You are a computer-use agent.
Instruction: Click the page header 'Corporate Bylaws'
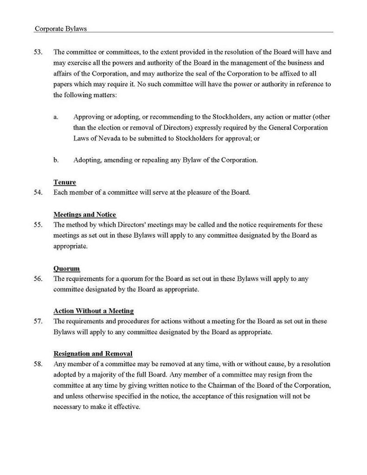[60, 28]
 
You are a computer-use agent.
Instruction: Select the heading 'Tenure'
[64, 182]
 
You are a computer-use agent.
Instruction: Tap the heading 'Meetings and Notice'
[84, 215]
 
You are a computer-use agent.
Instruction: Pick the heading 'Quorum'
[66, 269]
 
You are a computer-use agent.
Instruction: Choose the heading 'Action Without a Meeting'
[93, 311]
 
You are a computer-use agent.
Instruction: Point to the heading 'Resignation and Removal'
[93, 353]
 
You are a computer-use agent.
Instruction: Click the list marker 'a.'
[56, 117]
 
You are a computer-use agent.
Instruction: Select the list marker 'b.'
[56, 160]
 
